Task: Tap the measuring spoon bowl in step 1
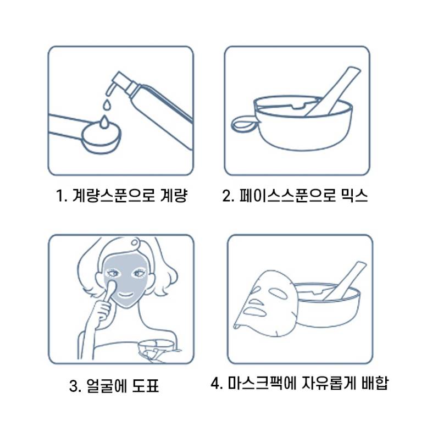pos(102,137)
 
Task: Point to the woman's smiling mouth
pos(126,295)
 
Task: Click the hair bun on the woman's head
pos(135,242)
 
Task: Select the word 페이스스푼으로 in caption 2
pos(287,195)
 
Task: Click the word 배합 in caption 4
pos(374,383)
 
